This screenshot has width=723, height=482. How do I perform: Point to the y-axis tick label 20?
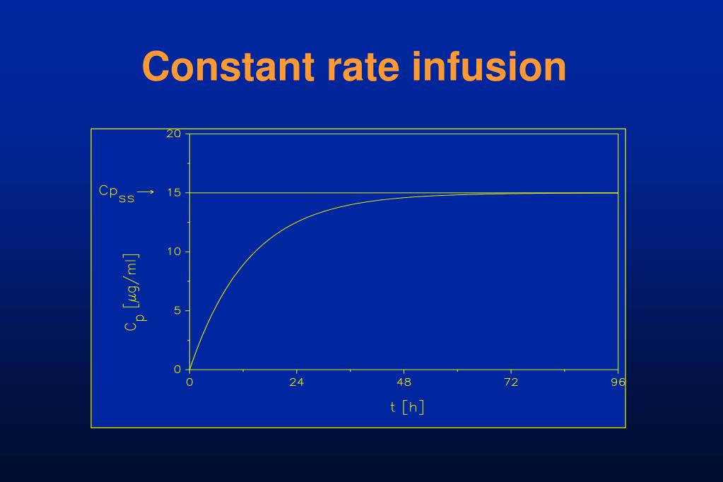174,134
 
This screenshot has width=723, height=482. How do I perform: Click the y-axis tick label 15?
174,193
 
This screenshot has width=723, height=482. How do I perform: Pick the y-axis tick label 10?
174,252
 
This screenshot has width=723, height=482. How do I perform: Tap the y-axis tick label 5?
177,310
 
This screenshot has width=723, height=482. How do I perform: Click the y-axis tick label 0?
177,369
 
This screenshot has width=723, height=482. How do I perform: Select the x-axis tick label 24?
297,382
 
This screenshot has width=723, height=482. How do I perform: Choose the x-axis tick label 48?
404,382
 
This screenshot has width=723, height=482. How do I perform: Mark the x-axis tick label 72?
511,382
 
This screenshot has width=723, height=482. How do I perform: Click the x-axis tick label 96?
618,382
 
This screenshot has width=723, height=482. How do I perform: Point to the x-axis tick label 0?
189,382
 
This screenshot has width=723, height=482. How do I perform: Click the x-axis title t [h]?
406,407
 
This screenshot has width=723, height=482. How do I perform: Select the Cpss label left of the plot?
116,192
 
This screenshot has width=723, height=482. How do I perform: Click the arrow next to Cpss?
146,192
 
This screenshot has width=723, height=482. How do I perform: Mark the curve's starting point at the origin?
189,370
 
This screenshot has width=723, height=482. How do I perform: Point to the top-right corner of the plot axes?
618,134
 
